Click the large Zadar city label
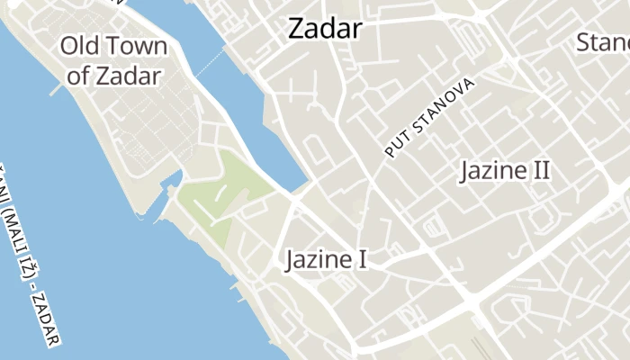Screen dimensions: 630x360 pyautogui.click(x=325, y=29)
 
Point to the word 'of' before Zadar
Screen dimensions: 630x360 pyautogui.click(x=78, y=76)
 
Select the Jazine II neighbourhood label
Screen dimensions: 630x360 pyautogui.click(x=505, y=171)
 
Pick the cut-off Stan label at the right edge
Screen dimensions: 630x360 pyautogui.click(x=602, y=42)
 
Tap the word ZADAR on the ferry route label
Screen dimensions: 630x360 pyautogui.click(x=49, y=324)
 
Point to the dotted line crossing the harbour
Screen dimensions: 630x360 pyautogui.click(x=209, y=63)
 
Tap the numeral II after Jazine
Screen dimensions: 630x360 pyautogui.click(x=540, y=171)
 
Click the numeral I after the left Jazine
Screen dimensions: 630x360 pyautogui.click(x=362, y=260)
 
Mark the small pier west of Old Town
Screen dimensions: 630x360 pyautogui.click(x=56, y=90)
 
